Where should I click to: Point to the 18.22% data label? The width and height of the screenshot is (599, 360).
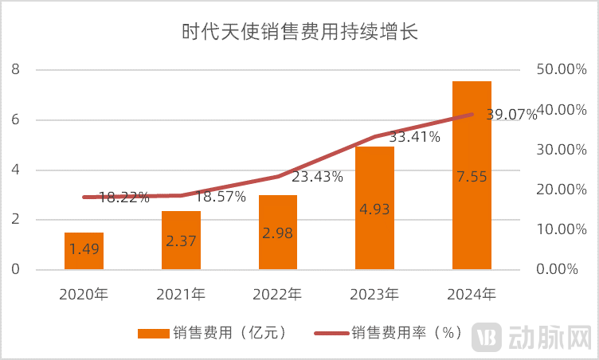(x=123, y=197)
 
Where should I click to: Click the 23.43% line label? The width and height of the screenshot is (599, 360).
(x=317, y=176)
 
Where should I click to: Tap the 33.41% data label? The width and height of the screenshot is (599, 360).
(x=414, y=136)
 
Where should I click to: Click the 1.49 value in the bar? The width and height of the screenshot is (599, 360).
(x=84, y=249)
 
